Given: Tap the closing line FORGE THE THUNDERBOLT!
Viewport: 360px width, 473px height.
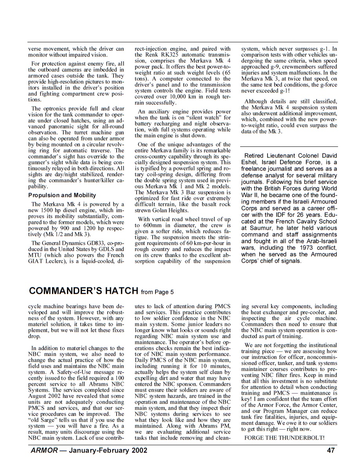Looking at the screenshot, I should point(284,448).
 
